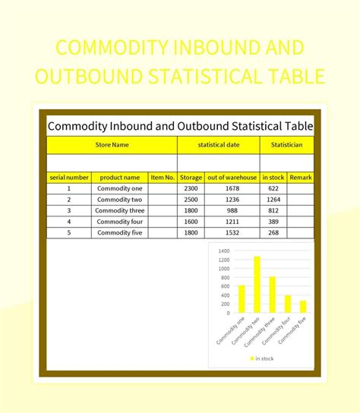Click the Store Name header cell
112,144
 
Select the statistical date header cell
218,144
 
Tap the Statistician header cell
286,144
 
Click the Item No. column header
163,178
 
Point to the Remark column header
301,178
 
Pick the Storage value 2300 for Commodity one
191,188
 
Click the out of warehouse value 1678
232,188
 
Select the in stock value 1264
273,200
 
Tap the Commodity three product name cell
120,210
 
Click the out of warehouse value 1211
232,222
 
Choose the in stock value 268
273,232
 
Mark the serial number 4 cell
68,222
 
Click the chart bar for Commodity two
257,285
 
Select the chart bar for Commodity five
302,307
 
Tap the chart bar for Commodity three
272,295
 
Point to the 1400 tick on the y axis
223,251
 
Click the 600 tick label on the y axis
224,286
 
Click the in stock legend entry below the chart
262,358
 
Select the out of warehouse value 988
232,210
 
